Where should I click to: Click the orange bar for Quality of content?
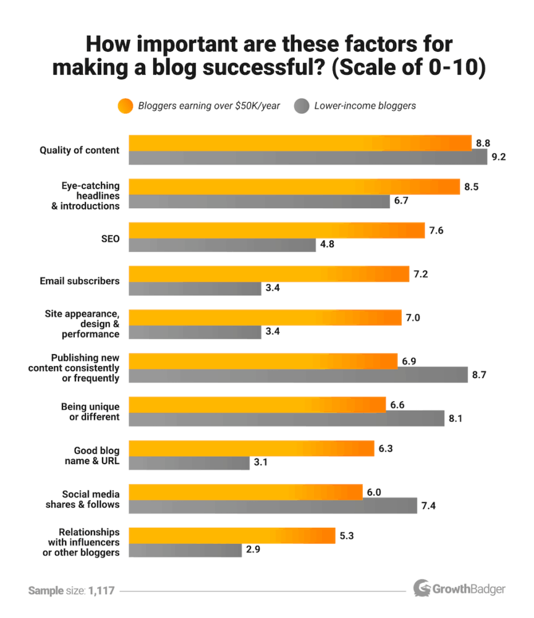click(x=300, y=143)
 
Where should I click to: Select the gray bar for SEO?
click(x=222, y=245)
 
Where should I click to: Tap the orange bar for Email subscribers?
click(x=268, y=274)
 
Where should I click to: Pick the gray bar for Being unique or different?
click(x=286, y=418)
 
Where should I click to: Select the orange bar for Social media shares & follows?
click(x=245, y=492)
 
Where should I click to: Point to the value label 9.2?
click(x=499, y=157)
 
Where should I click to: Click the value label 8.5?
click(x=472, y=187)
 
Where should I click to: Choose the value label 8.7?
click(x=480, y=375)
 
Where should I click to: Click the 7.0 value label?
click(x=413, y=318)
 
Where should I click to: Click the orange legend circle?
click(x=125, y=106)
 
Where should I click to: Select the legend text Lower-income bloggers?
click(x=365, y=106)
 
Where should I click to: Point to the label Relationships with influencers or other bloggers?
click(x=81, y=542)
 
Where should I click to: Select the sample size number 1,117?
click(x=101, y=591)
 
